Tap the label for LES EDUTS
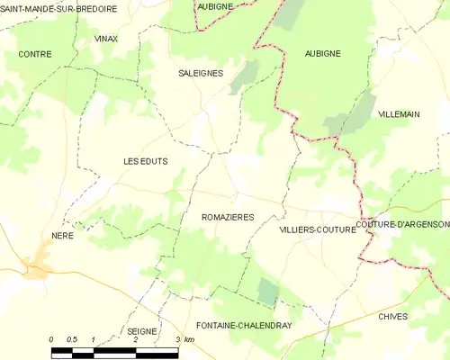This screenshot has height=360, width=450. click(145, 161)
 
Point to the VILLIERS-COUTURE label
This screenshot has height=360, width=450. click(318, 229)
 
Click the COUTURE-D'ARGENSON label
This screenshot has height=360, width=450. click(401, 224)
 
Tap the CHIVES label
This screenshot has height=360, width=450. click(393, 317)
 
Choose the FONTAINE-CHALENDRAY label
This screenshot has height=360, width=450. click(244, 326)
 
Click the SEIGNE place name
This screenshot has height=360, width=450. click(142, 331)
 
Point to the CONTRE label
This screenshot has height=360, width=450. click(34, 54)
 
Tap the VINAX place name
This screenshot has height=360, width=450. click(105, 40)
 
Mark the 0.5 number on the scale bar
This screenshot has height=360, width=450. click(72, 339)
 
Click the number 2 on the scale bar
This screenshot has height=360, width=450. click(134, 339)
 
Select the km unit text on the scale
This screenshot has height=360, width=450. click(189, 339)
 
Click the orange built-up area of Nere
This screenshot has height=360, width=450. click(38, 266)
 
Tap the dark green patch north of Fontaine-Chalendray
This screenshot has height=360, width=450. click(268, 291)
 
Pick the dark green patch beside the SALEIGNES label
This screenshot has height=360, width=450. click(244, 76)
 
